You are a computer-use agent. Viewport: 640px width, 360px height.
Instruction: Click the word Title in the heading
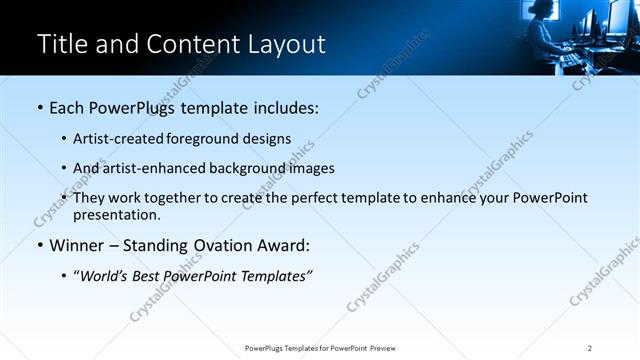(62, 44)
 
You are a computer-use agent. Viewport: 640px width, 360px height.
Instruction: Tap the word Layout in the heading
(289, 44)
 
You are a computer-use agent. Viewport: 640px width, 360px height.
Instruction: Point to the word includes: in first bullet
(280, 107)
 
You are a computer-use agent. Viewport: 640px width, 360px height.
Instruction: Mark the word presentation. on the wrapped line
(116, 214)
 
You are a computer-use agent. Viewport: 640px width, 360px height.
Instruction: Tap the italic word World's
(105, 276)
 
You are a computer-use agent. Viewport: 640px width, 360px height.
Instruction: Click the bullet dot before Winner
(39, 246)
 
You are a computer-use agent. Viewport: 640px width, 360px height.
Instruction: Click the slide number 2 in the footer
(589, 348)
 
